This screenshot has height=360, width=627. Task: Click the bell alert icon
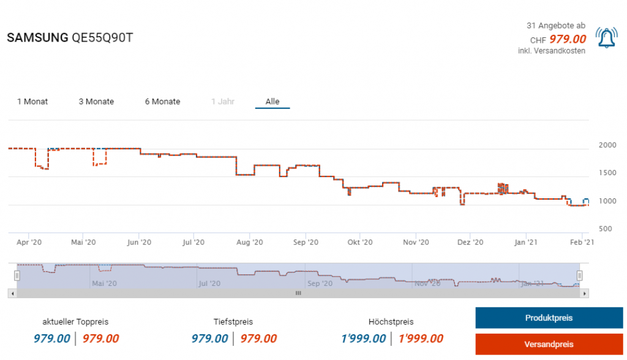tap(606, 39)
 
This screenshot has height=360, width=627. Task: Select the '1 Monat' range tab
tap(32, 102)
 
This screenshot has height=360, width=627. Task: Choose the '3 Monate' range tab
tap(96, 102)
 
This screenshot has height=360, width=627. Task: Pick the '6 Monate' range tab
tap(162, 102)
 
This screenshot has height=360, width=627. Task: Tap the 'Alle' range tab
tap(272, 102)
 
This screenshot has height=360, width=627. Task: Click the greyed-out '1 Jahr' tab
tap(223, 102)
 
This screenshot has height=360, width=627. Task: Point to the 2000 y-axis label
tap(607, 145)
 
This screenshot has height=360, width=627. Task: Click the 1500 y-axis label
tap(607, 173)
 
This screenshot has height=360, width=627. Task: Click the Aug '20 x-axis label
tap(250, 242)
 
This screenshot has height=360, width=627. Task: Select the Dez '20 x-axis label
tap(470, 242)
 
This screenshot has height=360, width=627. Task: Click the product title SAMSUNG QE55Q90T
tap(70, 38)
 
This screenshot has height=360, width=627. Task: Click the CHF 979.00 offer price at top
tap(567, 39)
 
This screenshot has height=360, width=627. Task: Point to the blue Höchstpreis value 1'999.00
tap(364, 339)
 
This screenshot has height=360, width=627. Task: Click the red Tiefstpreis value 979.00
tap(258, 339)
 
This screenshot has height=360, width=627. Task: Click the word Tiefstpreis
tap(233, 321)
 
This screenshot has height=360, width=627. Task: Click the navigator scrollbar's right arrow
tap(585, 293)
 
